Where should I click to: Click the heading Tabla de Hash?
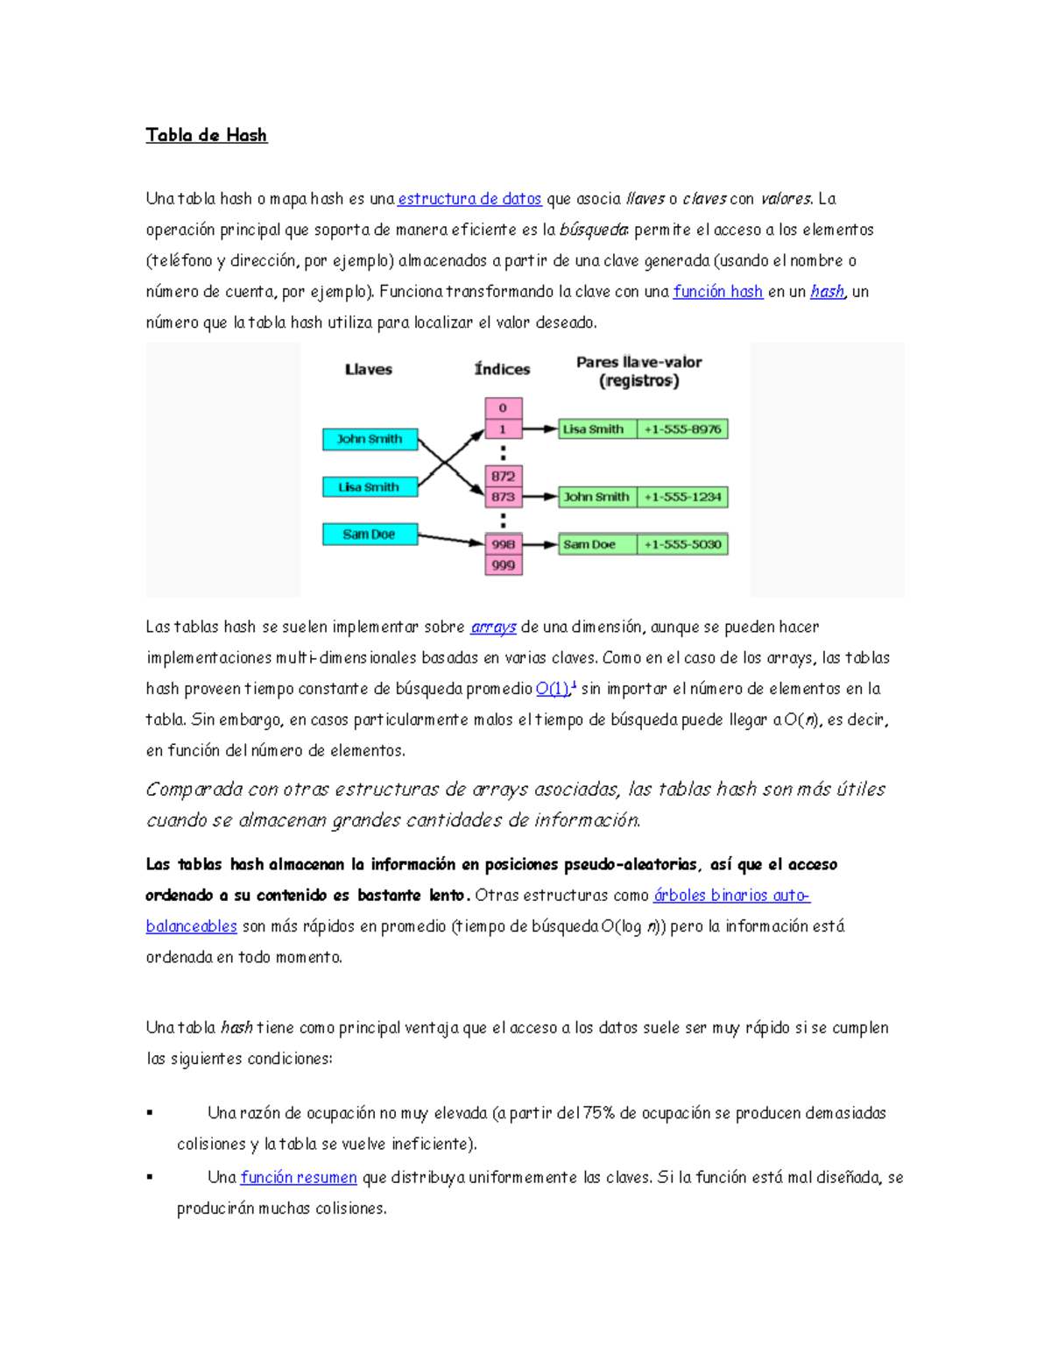pyautogui.click(x=206, y=135)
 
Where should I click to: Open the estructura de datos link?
pyautogui.click(x=469, y=199)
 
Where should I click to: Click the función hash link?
pyautogui.click(x=717, y=292)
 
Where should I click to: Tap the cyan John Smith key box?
pyautogui.click(x=370, y=439)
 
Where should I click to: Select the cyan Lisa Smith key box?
pyautogui.click(x=370, y=487)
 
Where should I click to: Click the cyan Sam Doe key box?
pyautogui.click(x=370, y=535)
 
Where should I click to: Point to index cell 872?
pyautogui.click(x=504, y=476)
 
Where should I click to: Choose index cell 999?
pyautogui.click(x=504, y=565)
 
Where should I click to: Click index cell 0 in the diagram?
pyautogui.click(x=504, y=408)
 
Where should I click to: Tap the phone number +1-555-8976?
pyautogui.click(x=682, y=429)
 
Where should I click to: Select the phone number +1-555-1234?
pyautogui.click(x=682, y=497)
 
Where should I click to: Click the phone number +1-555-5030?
pyautogui.click(x=682, y=544)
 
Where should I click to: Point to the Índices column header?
pyautogui.click(x=502, y=369)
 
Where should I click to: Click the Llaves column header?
pyautogui.click(x=368, y=369)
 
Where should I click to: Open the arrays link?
pyautogui.click(x=493, y=627)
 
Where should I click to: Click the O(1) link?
pyautogui.click(x=553, y=689)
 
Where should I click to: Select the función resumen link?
pyautogui.click(x=299, y=1178)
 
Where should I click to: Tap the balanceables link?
pyautogui.click(x=191, y=926)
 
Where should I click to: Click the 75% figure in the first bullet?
pyautogui.click(x=599, y=1113)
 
